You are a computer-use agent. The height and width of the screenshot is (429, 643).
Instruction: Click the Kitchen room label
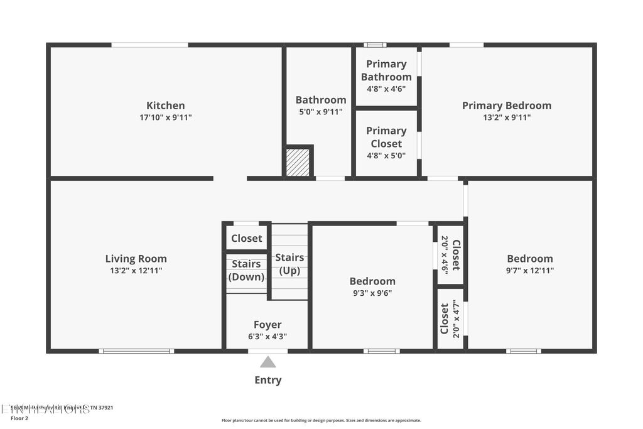point(165,106)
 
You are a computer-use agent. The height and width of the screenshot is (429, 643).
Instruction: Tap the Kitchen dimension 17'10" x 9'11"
point(165,117)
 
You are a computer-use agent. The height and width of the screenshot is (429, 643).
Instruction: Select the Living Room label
point(136,258)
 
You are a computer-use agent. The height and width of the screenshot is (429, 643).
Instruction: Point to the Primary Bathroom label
point(386,70)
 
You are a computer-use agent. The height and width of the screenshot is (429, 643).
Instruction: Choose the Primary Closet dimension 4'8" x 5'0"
point(386,155)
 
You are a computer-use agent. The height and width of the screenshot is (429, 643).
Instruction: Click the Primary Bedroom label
point(506,106)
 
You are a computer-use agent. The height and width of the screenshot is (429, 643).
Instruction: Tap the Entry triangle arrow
point(268,362)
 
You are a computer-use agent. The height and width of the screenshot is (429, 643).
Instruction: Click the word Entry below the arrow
point(268,380)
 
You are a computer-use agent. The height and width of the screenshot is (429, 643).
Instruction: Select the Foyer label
point(267,325)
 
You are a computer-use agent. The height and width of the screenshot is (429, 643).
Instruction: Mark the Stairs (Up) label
point(289,264)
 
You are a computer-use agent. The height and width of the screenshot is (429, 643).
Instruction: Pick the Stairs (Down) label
point(246,270)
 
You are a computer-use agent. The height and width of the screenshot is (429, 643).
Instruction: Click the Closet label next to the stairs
point(246,238)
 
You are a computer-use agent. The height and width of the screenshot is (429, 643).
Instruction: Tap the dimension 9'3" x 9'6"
point(372,293)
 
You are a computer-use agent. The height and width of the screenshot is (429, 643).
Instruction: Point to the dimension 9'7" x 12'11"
point(530,271)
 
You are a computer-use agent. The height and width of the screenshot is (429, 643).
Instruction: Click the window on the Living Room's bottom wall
point(136,351)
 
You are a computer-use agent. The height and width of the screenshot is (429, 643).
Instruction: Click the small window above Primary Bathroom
point(375,45)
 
